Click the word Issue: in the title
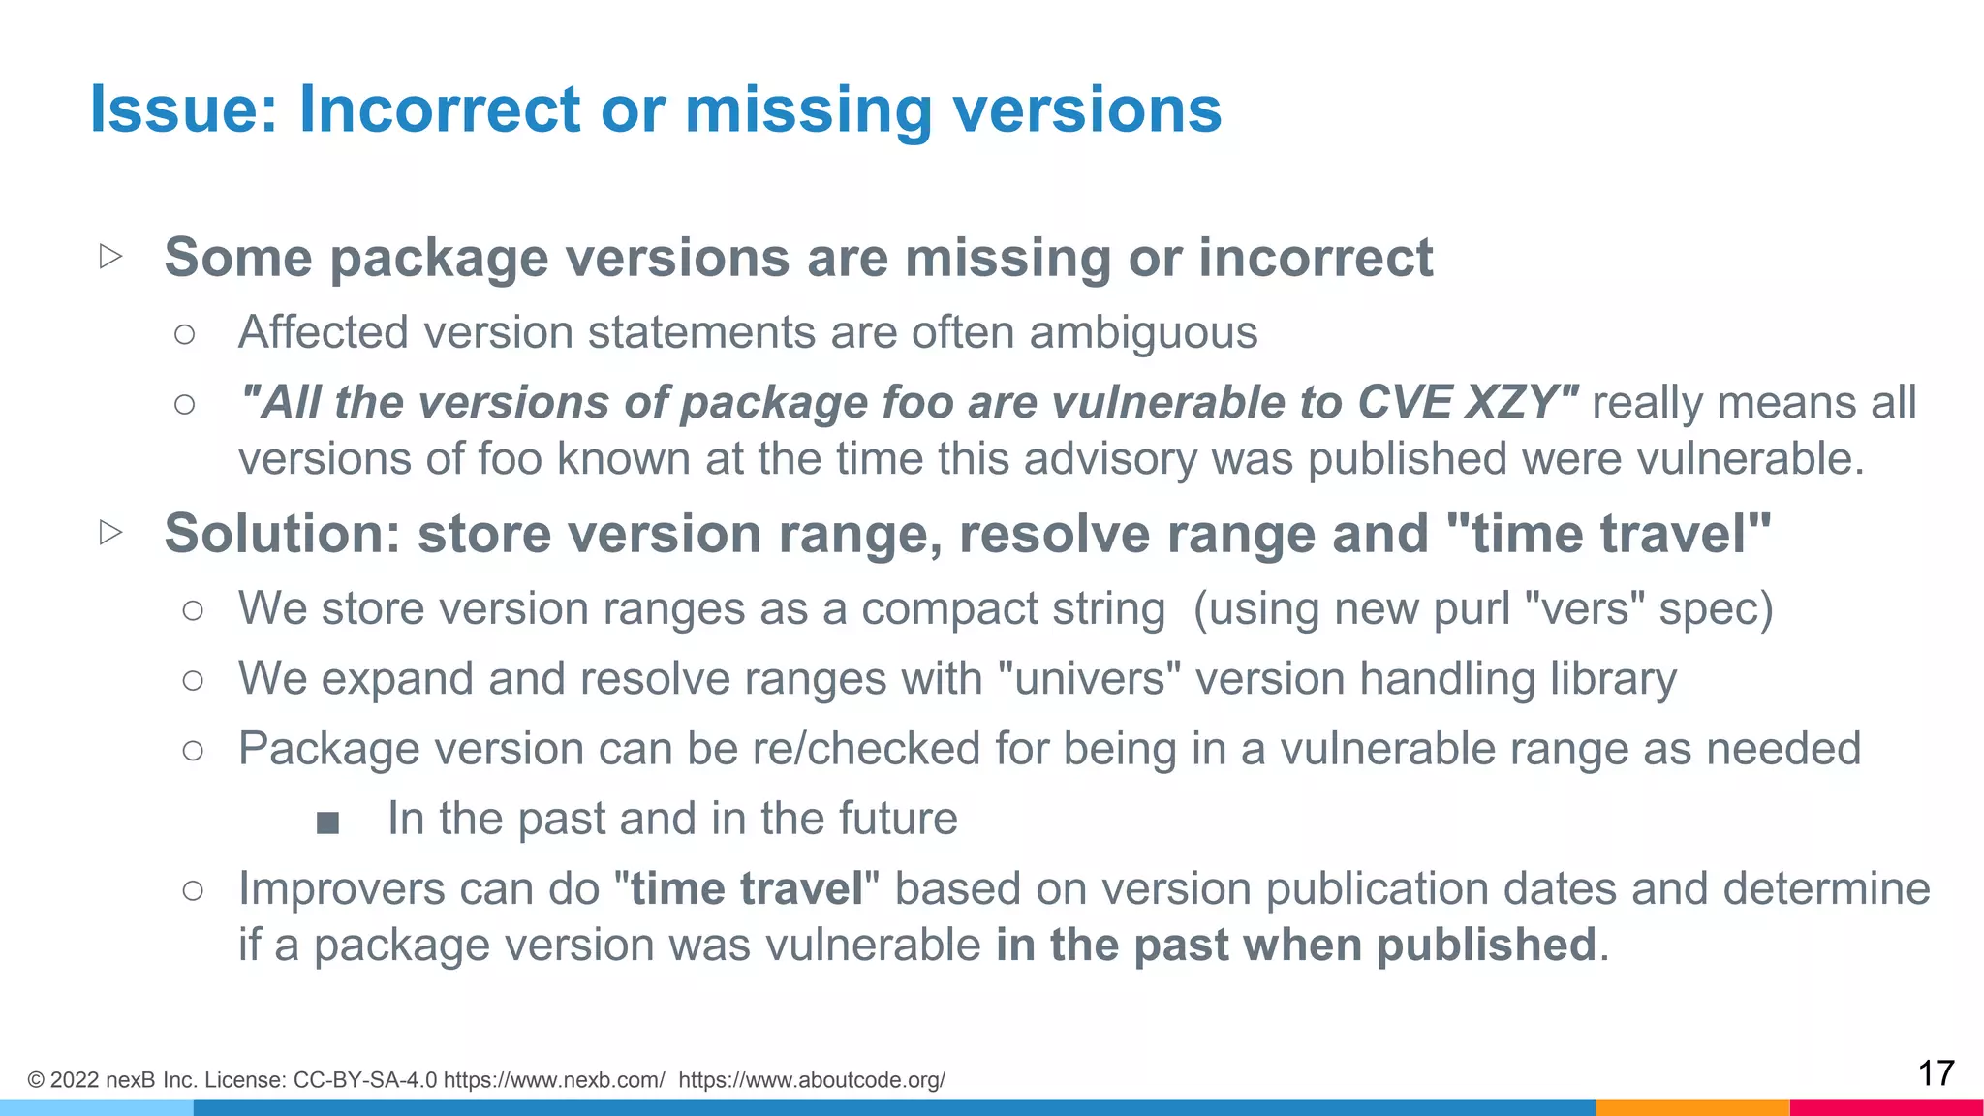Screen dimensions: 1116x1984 click(184, 108)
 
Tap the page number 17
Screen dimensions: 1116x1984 click(1936, 1073)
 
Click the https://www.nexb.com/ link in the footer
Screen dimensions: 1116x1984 click(554, 1080)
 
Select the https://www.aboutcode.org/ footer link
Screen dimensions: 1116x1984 click(812, 1080)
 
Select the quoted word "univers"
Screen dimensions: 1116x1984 click(1090, 679)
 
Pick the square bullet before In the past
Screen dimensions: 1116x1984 click(327, 822)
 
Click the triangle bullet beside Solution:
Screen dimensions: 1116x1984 click(110, 532)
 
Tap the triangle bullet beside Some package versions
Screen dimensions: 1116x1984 click(110, 257)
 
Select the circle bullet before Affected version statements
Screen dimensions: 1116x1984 click(184, 335)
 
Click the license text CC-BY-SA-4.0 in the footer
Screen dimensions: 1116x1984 click(364, 1080)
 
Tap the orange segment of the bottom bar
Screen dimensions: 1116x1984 click(1691, 1107)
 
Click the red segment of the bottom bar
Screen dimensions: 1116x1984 click(1886, 1107)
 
